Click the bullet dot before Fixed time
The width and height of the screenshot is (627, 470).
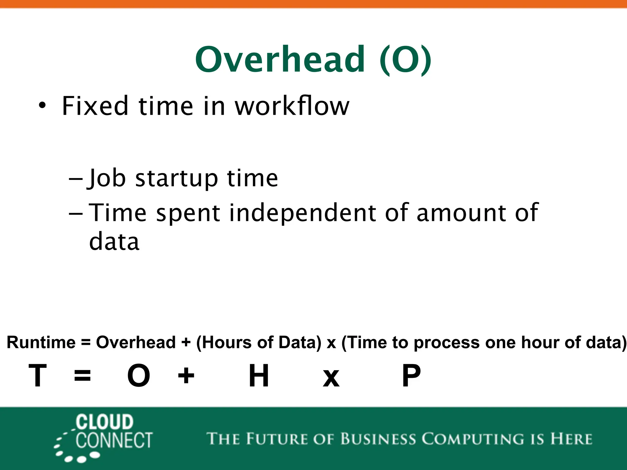42,106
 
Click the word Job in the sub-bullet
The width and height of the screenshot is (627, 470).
107,178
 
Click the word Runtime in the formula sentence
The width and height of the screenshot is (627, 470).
41,342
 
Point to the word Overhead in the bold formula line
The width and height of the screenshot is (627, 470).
136,342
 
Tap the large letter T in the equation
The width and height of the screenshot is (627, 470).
38,375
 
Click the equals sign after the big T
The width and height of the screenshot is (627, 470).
82,376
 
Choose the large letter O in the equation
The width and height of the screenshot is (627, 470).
139,375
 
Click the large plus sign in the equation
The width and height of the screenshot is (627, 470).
186,376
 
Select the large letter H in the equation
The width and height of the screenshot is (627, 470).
259,375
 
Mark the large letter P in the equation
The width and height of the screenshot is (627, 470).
411,375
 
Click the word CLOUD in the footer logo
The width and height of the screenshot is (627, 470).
104,422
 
